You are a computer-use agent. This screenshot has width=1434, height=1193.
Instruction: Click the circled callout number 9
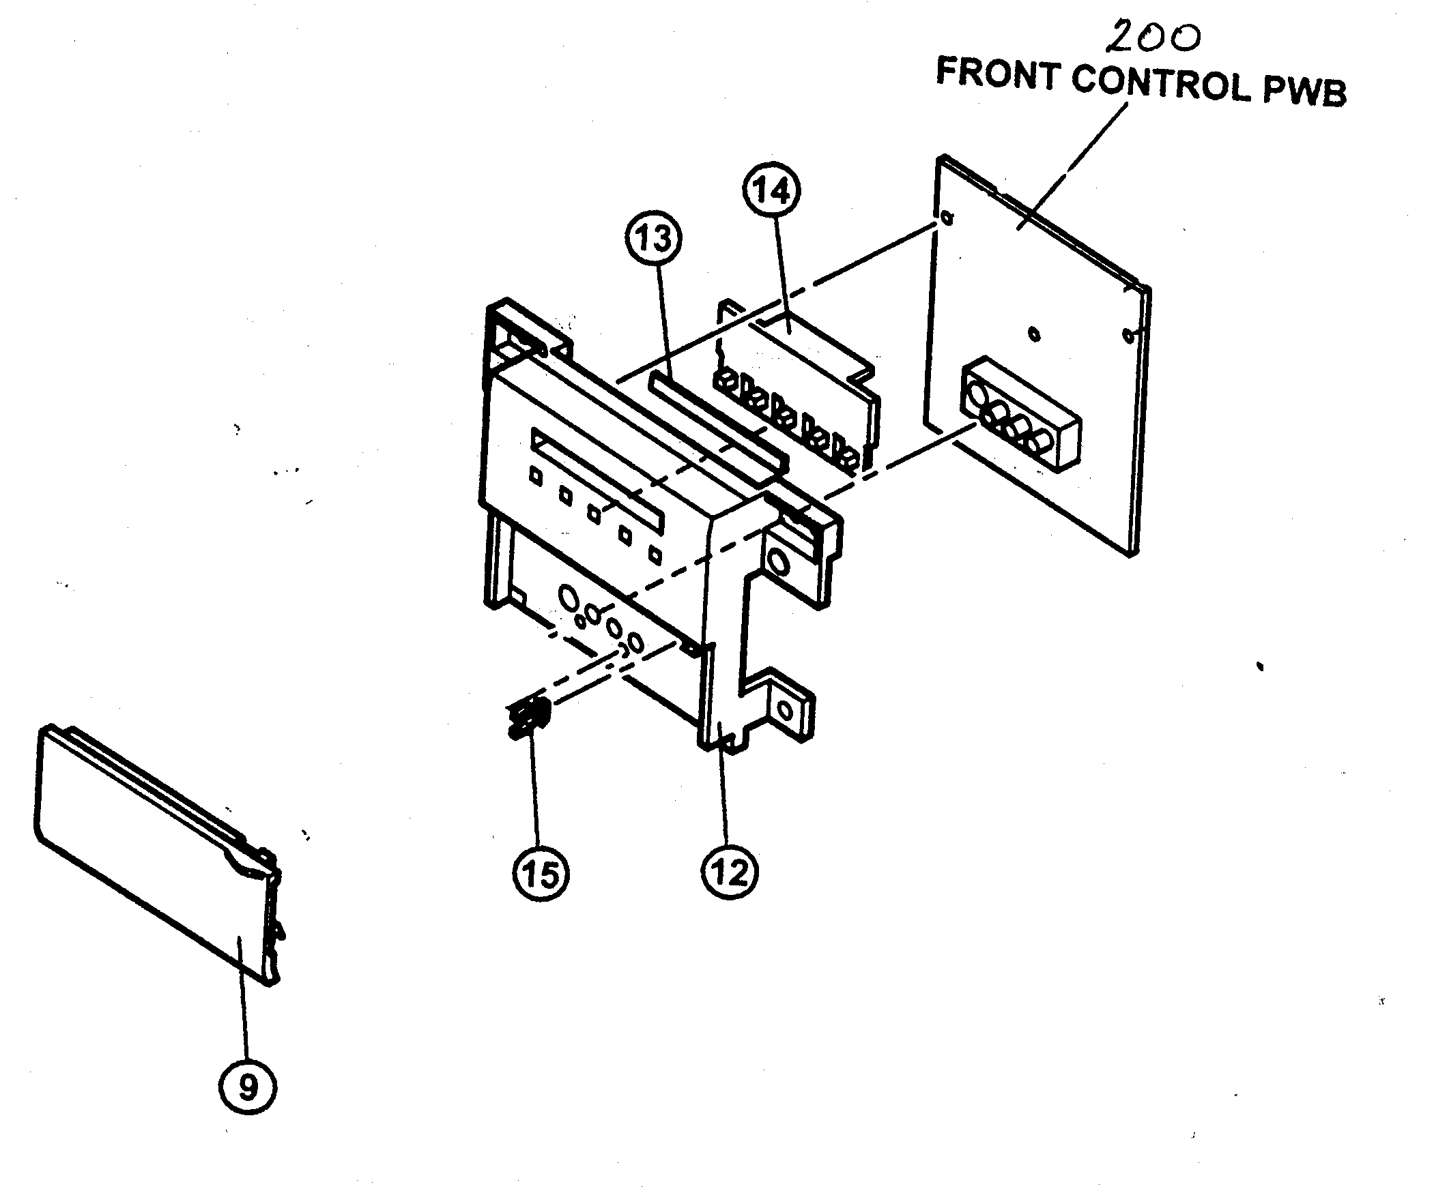(x=248, y=1085)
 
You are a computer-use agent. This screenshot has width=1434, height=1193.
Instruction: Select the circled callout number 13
(x=653, y=238)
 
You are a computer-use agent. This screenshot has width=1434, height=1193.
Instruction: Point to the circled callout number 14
(x=773, y=191)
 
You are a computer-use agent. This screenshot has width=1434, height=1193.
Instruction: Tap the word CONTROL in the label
(x=1161, y=85)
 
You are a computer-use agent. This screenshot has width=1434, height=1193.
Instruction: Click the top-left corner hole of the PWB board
(x=946, y=218)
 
